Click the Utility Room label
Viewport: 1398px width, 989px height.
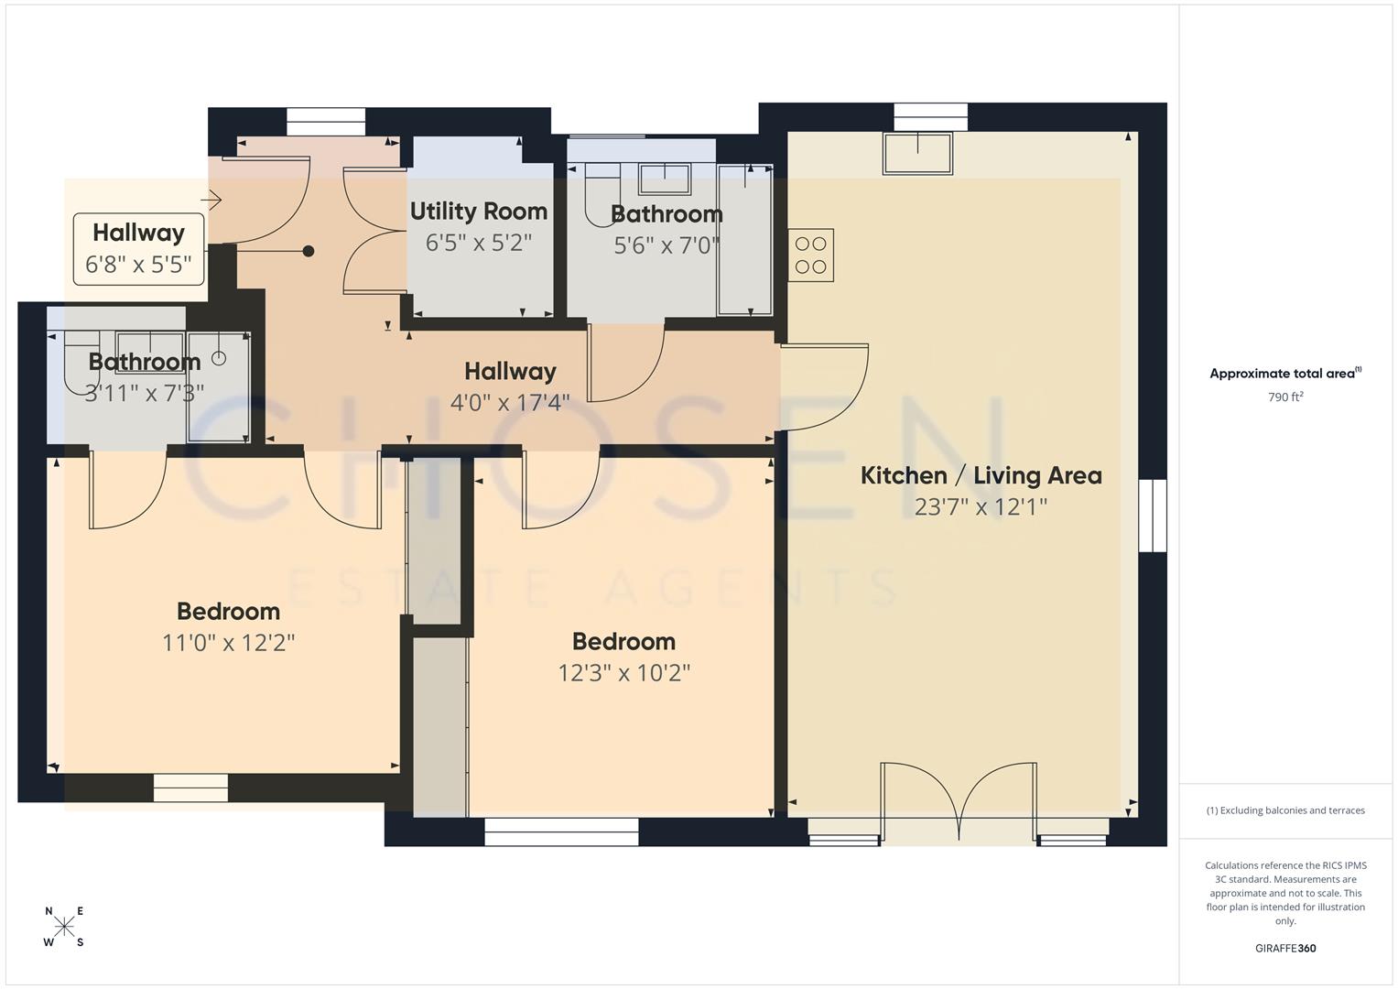478,212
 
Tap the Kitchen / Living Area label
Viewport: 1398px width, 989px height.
981,475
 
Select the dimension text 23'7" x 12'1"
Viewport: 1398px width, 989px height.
981,506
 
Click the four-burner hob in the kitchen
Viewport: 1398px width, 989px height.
810,255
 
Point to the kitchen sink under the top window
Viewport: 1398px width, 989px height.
917,153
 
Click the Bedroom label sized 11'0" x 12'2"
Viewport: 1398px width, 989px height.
228,611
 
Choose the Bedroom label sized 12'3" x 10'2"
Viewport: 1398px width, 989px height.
623,641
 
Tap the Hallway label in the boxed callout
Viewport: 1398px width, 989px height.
138,233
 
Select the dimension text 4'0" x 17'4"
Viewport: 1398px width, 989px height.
510,402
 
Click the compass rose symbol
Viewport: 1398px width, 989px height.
64,927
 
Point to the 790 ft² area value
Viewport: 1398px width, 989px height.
1284,397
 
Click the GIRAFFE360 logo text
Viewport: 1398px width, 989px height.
1284,948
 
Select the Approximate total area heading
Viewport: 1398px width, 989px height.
1284,374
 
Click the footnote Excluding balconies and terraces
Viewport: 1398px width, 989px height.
1284,810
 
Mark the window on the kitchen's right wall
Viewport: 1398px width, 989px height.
1153,516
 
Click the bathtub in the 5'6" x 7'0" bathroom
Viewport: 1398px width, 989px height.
744,240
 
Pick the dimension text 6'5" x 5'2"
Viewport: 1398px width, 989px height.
478,243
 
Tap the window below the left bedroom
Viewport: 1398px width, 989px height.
190,788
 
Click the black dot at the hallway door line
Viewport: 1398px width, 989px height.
309,251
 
